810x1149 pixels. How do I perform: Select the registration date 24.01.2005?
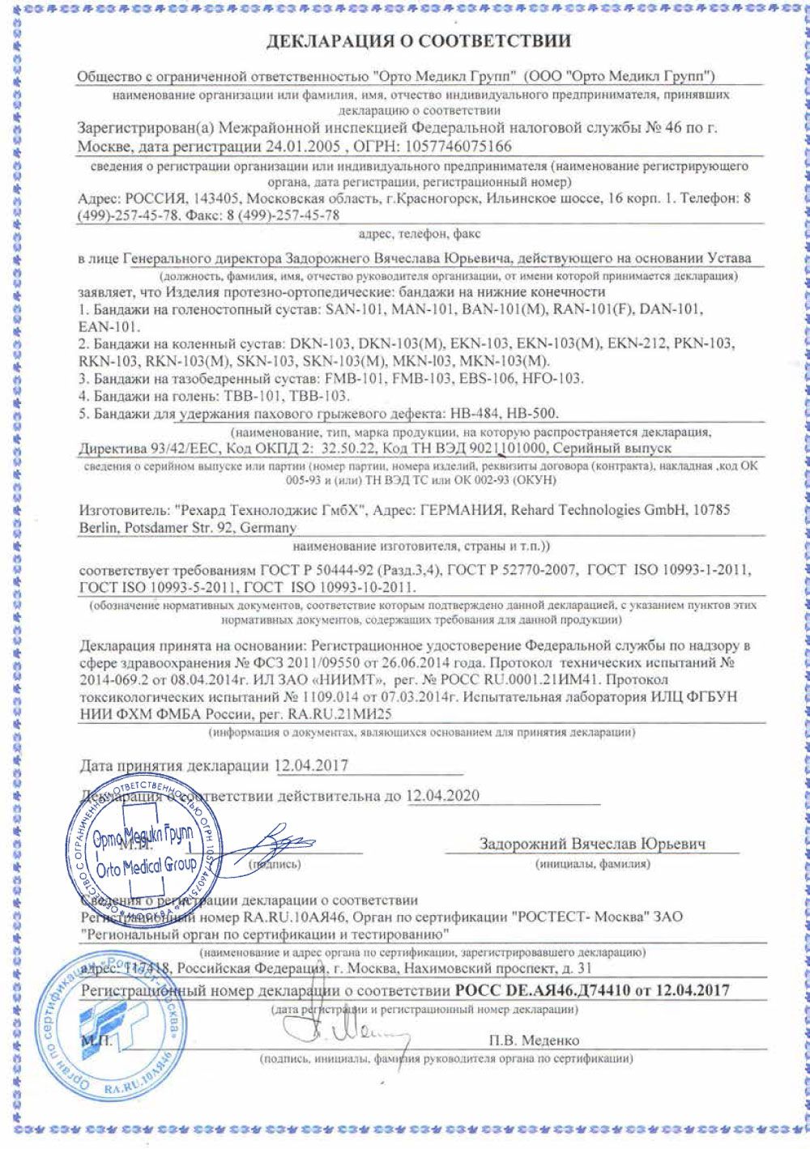tap(299, 147)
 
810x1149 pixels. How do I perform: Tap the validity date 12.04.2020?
tap(442, 796)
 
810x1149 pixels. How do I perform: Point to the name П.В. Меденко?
tap(534, 1040)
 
